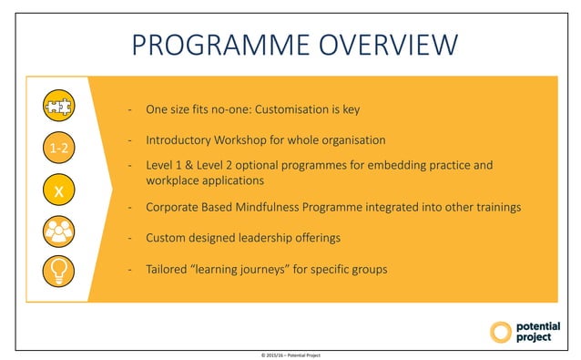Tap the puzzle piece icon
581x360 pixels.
[x=58, y=107]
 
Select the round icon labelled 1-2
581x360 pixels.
[x=58, y=147]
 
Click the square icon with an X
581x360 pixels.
[x=58, y=190]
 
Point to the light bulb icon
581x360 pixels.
[x=58, y=271]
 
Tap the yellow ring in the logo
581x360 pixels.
[x=501, y=332]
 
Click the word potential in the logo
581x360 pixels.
[x=538, y=326]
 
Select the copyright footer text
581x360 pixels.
[x=290, y=354]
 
